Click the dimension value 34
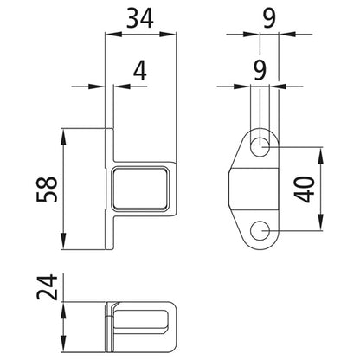143,17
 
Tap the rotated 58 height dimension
48,190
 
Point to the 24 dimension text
48,289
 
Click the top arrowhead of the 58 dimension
66,133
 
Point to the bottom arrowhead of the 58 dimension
66,245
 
